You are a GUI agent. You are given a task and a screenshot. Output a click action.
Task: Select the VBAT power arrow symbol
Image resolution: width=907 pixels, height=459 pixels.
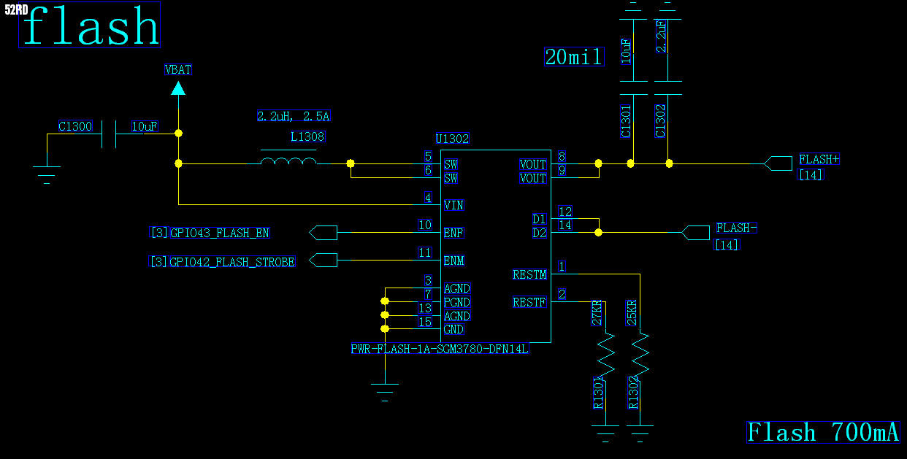[178, 88]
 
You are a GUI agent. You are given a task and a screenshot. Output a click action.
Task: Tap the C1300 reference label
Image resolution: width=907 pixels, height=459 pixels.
[75, 127]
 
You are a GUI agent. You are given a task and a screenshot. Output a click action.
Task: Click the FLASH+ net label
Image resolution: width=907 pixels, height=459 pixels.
[819, 159]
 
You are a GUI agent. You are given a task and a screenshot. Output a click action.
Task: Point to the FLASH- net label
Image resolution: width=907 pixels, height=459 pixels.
[736, 228]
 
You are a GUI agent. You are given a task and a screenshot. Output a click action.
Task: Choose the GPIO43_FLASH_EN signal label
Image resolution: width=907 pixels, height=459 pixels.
[219, 234]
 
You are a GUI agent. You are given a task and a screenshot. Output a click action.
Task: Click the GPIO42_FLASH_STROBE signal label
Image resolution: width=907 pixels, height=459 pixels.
[232, 261]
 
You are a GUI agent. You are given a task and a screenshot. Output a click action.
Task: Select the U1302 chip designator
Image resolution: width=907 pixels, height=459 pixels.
[452, 139]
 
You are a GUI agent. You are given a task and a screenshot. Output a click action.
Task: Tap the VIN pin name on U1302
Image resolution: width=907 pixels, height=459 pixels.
[453, 205]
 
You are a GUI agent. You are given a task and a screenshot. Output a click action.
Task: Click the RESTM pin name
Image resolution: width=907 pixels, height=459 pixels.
[529, 275]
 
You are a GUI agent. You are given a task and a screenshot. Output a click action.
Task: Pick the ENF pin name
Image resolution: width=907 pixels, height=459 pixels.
[453, 234]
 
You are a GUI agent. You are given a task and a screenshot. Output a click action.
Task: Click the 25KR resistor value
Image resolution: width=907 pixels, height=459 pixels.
[632, 312]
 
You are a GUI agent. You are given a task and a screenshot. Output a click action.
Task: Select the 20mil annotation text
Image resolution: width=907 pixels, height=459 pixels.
[574, 57]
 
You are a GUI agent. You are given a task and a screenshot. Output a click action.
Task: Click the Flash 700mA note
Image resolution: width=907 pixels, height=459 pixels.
[823, 432]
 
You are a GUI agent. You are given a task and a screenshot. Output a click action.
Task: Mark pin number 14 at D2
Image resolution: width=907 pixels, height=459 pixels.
[565, 225]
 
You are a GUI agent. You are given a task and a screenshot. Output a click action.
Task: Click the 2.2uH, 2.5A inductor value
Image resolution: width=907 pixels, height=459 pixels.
[294, 116]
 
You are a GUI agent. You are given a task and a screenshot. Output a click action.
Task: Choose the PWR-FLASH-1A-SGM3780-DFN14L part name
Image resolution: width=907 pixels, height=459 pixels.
[440, 350]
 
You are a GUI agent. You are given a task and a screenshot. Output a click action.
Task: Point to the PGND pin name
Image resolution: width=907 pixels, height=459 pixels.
[457, 302]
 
